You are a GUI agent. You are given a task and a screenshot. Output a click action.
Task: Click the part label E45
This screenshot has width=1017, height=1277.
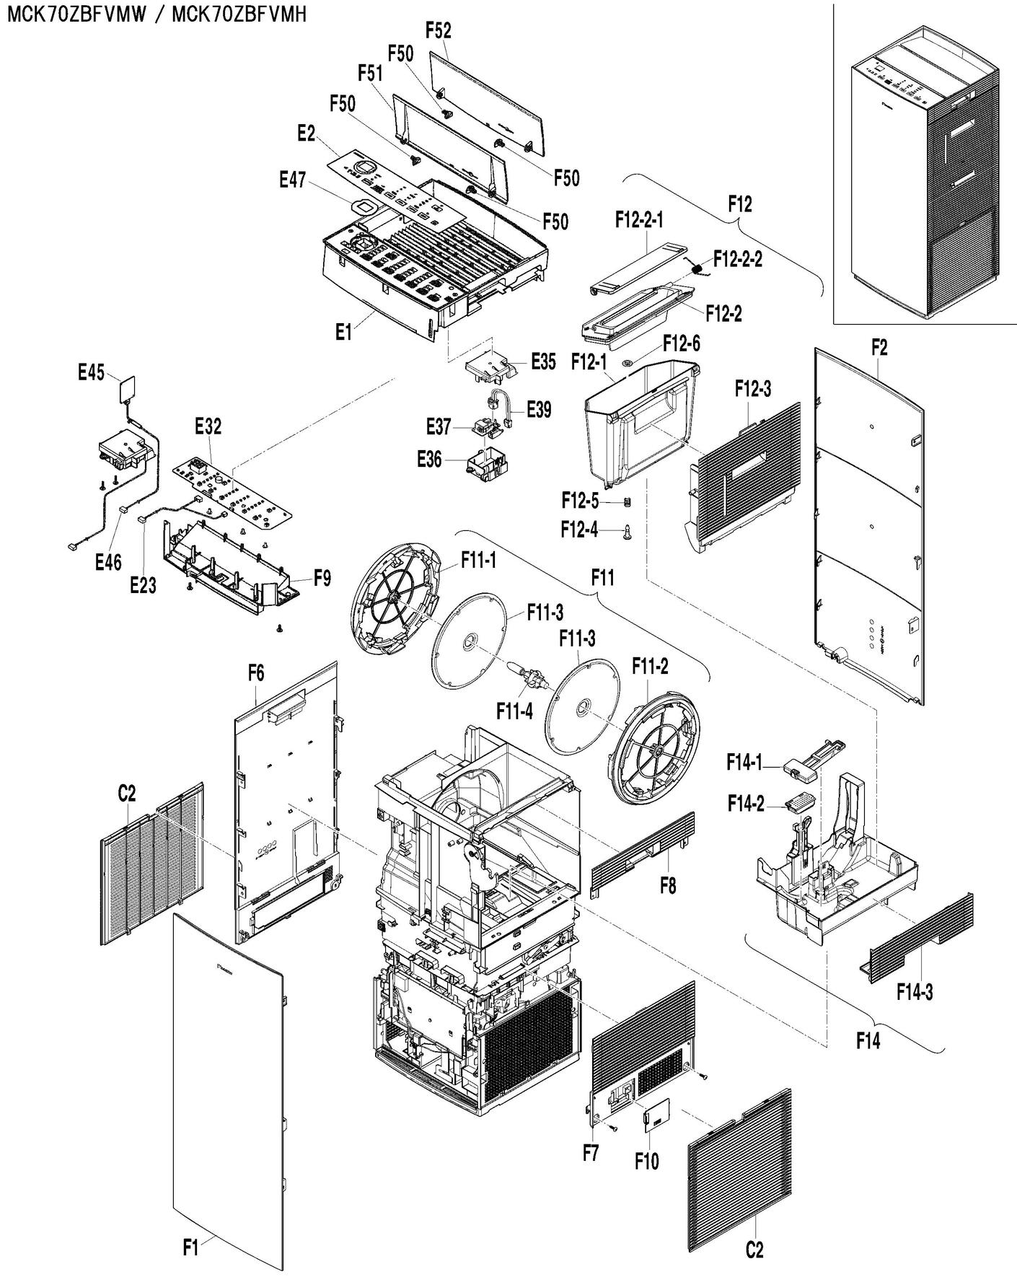pyautogui.click(x=91, y=373)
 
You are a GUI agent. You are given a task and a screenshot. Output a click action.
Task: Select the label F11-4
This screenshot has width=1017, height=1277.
pyautogui.click(x=514, y=711)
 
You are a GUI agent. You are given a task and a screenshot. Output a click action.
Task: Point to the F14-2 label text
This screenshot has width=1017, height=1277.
pyautogui.click(x=745, y=804)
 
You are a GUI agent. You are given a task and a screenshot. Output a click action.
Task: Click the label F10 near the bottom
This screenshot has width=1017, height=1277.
pyautogui.click(x=646, y=1162)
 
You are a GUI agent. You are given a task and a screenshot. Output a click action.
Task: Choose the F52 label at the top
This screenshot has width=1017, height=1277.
pyautogui.click(x=438, y=30)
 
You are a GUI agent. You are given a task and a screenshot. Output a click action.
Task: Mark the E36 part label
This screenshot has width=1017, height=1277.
pyautogui.click(x=429, y=459)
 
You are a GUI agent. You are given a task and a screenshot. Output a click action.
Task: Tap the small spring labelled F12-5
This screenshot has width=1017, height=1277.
pyautogui.click(x=627, y=502)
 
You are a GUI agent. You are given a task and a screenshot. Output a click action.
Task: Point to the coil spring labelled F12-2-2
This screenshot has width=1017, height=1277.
pyautogui.click(x=699, y=268)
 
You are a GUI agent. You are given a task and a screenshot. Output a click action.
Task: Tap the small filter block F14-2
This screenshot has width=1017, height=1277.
pyautogui.click(x=801, y=800)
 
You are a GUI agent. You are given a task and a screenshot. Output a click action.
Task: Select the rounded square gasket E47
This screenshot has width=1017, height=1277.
pyautogui.click(x=365, y=207)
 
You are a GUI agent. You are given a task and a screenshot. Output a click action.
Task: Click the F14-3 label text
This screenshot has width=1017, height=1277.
pyautogui.click(x=915, y=993)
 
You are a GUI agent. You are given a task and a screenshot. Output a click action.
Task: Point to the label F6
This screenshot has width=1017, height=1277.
pyautogui.click(x=255, y=674)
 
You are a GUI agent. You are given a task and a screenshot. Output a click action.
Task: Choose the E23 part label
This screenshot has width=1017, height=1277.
pyautogui.click(x=143, y=586)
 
